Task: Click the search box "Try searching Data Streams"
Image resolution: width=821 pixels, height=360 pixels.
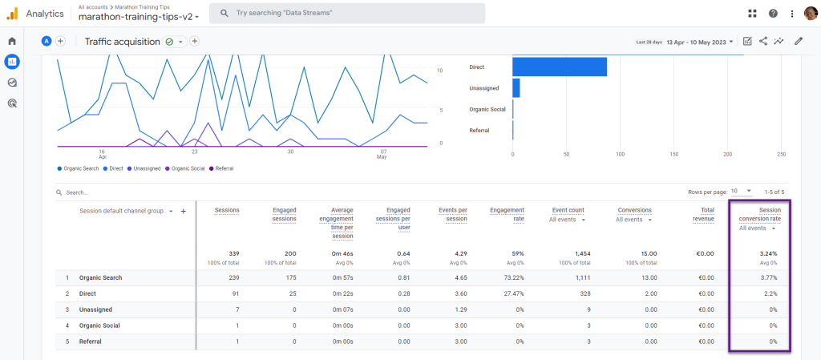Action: (346, 14)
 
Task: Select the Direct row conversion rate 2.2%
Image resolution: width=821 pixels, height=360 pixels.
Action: (770, 293)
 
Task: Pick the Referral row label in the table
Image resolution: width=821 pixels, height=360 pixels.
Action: (90, 341)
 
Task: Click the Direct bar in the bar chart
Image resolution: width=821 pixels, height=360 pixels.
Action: (560, 67)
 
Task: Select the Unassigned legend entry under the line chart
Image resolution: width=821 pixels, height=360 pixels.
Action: (147, 168)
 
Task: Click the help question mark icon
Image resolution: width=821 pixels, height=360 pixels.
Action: (773, 14)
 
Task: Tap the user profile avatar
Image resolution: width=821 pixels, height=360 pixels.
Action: (810, 14)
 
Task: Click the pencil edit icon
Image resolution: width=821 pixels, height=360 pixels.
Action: (798, 42)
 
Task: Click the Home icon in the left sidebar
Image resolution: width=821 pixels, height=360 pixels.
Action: (12, 41)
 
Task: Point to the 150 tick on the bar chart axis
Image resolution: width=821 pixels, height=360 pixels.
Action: (673, 154)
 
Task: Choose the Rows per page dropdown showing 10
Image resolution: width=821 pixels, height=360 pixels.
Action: (741, 192)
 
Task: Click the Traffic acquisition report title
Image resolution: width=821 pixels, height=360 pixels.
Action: (123, 42)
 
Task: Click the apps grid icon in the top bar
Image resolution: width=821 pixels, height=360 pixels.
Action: (752, 14)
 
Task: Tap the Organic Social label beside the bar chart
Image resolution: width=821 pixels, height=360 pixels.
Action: (487, 109)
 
